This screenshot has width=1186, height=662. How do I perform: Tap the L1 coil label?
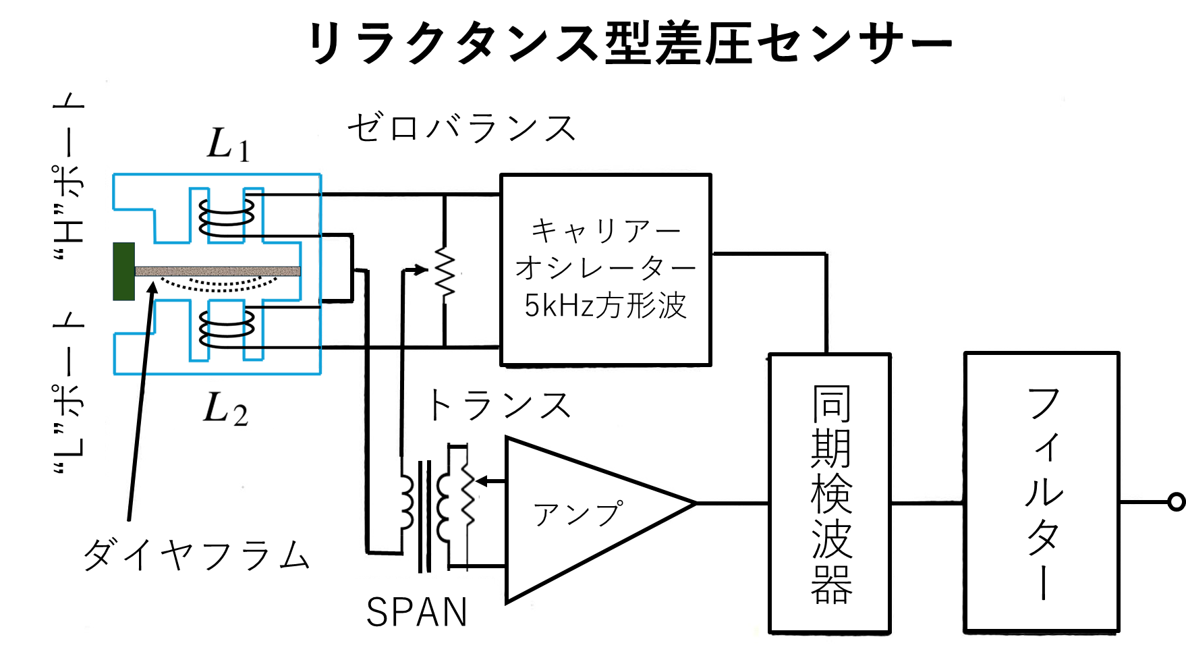point(228,145)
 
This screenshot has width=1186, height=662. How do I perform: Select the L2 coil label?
point(225,409)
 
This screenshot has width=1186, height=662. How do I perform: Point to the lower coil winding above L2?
point(227,329)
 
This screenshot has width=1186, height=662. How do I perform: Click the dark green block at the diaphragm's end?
point(124,271)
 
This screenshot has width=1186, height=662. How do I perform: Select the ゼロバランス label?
point(461,128)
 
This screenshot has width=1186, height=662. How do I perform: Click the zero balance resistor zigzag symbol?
point(445,271)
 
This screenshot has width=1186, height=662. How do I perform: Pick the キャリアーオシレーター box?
point(605,270)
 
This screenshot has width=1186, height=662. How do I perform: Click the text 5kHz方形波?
point(605,306)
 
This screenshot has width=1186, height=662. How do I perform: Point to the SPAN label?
point(417,613)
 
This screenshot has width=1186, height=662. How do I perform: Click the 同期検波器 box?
point(830,493)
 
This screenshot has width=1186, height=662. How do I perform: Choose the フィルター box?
point(1042,492)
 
